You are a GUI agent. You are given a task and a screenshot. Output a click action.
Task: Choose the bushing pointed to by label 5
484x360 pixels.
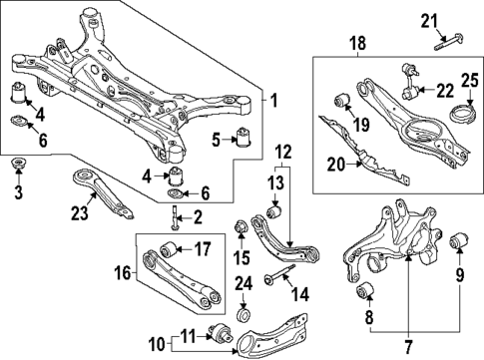244,137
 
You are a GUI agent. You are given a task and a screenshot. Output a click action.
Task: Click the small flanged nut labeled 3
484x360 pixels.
17,163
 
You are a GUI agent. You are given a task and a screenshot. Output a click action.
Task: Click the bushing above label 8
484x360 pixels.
364,292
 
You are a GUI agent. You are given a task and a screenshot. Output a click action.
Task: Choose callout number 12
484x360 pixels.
283,151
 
